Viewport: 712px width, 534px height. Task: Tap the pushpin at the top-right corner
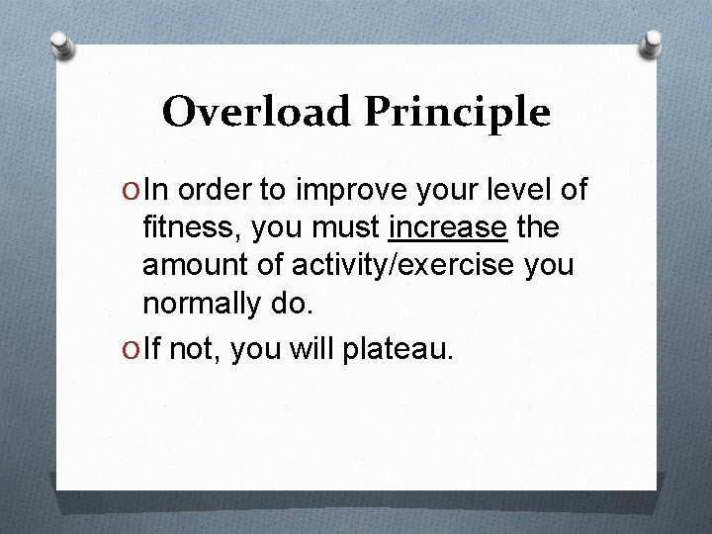[652, 43]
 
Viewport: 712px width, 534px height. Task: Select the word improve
[350, 190]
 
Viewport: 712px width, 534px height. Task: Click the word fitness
[193, 228]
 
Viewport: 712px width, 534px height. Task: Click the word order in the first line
[213, 189]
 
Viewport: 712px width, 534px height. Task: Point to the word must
[348, 228]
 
